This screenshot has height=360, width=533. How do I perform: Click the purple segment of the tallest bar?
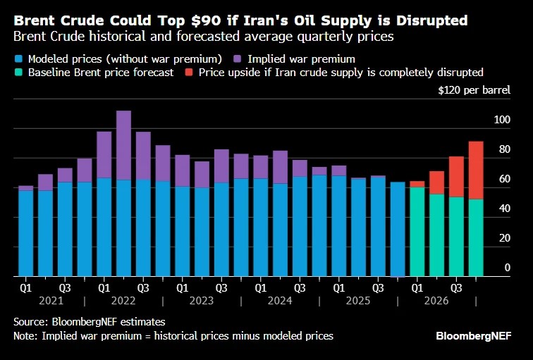[x=123, y=145]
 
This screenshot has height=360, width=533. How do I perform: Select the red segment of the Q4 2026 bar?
[x=476, y=170]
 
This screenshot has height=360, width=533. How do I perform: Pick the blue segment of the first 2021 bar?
[x=25, y=232]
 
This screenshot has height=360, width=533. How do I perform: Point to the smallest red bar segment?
[x=417, y=184]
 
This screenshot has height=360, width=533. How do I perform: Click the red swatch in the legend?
[x=189, y=73]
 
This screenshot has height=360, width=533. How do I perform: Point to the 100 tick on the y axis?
[x=502, y=120]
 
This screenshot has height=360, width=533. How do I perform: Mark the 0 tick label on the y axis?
[x=507, y=268]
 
